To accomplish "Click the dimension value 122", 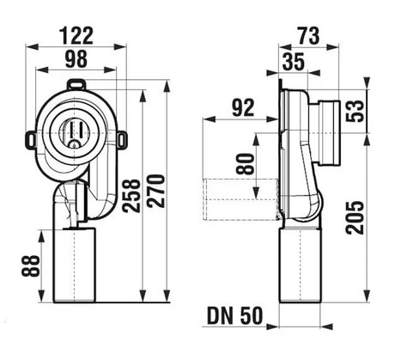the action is click(76, 36).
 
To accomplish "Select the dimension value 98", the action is click(76, 59).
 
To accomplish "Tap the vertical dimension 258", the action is click(131, 196).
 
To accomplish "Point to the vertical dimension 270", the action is click(156, 191).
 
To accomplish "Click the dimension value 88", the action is click(31, 265).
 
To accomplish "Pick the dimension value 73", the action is click(308, 36).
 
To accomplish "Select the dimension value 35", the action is click(294, 62).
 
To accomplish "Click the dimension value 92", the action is click(243, 107).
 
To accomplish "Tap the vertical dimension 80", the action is click(246, 164).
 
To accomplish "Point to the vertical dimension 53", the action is click(354, 111).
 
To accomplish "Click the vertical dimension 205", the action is click(355, 217).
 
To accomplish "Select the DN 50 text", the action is click(234, 316).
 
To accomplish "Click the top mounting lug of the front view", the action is click(76, 85).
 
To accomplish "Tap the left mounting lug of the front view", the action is click(31, 140).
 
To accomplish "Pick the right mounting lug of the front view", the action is click(123, 140).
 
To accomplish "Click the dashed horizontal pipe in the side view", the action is click(241, 199).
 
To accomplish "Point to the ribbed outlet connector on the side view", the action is click(328, 133).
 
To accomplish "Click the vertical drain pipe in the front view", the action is click(74, 265).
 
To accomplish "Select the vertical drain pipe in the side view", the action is click(300, 265).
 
